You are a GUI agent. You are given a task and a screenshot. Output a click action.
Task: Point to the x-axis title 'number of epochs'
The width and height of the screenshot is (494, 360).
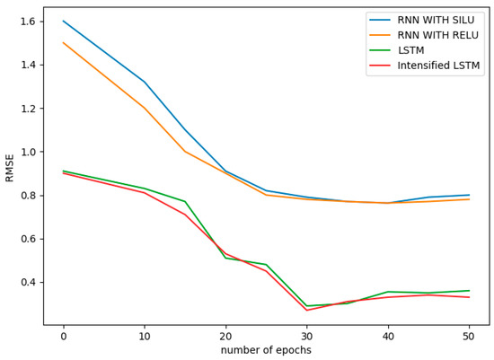(266, 350)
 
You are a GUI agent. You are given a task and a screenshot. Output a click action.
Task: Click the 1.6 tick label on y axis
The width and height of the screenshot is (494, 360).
(27, 22)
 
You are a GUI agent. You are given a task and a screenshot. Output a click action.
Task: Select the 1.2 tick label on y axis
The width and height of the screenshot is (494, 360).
(27, 109)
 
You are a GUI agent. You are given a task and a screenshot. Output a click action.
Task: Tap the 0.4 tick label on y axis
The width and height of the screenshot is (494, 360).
(27, 282)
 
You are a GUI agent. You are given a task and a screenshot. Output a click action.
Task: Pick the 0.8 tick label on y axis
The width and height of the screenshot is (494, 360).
(27, 196)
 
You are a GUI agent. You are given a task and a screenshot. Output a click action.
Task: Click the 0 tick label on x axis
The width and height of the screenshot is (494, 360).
(63, 336)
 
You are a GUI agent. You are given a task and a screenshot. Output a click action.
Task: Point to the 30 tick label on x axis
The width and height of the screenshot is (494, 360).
(306, 336)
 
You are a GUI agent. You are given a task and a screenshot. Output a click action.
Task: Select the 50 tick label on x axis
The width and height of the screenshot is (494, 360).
(469, 336)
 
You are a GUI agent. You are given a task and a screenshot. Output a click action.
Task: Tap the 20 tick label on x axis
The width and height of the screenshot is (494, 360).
(225, 336)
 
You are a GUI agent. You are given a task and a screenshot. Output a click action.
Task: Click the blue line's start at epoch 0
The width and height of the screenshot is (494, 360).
(63, 21)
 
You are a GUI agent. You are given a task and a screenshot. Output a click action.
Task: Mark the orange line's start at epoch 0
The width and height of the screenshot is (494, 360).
(63, 42)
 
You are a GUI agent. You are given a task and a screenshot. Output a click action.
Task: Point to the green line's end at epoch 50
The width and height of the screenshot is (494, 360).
(469, 291)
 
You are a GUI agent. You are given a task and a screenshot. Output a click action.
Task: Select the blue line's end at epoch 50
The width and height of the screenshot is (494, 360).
(469, 195)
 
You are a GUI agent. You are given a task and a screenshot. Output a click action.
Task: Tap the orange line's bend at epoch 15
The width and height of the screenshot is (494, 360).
(185, 152)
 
